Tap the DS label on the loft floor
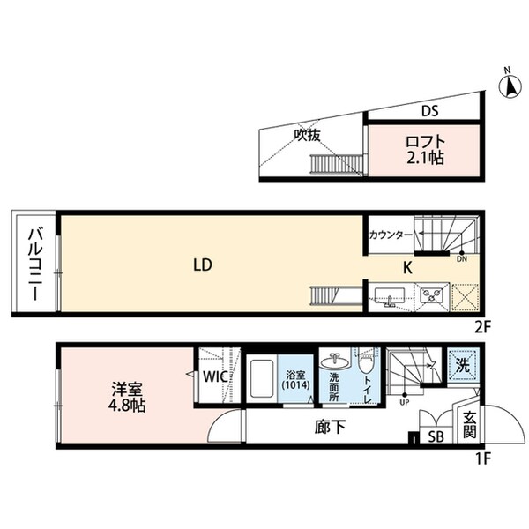[429, 111]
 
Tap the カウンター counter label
[391, 235]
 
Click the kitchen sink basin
[388, 295]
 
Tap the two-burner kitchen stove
[431, 295]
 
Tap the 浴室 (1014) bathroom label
[294, 379]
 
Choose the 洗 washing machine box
[462, 364]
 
